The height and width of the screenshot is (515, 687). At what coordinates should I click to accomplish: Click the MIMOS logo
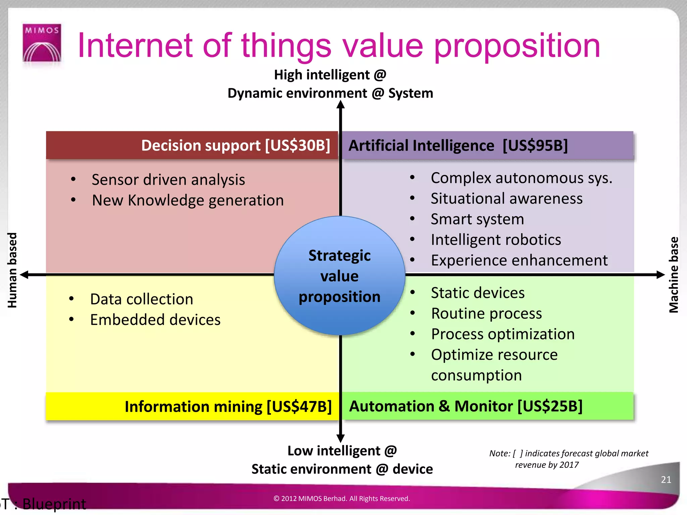pos(42,43)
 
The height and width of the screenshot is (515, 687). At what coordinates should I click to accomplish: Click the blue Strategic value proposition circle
pos(339,276)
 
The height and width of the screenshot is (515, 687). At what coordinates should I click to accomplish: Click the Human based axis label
pos(12,270)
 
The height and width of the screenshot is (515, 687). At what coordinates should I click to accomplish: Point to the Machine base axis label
pos(674,275)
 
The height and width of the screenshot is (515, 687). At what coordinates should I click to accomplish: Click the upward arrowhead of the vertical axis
pos(340,105)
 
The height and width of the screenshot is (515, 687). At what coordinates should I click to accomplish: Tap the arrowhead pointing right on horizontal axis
pos(660,275)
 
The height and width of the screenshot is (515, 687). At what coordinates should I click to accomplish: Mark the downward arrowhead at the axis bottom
pos(340,438)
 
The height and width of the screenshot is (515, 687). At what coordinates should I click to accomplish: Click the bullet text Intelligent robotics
pos(496,240)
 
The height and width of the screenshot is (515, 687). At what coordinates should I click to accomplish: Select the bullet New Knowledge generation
pos(188,200)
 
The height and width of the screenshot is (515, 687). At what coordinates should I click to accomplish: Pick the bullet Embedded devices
pos(155,320)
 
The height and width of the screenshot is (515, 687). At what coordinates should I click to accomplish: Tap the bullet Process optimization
pos(503,334)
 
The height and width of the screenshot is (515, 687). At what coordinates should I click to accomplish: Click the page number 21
pos(666,479)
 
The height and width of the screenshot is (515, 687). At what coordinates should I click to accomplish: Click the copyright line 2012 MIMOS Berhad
pos(341,499)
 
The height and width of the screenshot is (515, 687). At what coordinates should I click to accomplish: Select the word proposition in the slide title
pos(517,46)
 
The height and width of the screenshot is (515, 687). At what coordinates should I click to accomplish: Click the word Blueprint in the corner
pos(54,504)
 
